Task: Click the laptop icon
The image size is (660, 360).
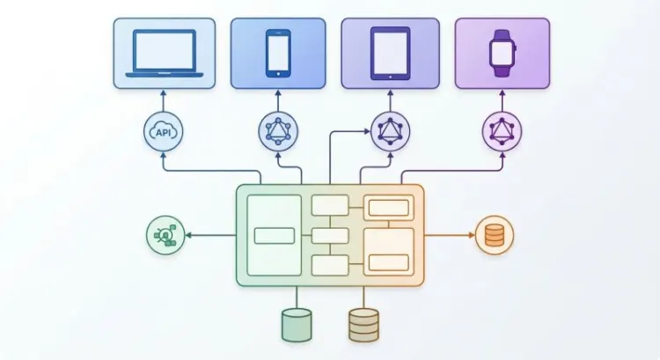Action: [165, 53]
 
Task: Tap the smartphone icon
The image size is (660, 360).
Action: [278, 53]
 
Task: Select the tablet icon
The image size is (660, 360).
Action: [390, 53]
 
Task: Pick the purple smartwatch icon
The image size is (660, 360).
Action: [502, 53]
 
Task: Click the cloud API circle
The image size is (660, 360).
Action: [164, 132]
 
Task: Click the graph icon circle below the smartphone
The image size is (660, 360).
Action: [278, 131]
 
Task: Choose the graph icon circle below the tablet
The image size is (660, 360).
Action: [390, 131]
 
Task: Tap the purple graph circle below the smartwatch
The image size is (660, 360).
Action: [502, 131]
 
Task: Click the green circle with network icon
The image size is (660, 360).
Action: [165, 235]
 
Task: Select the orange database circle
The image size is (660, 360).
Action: [495, 235]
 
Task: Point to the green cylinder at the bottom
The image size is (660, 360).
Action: [297, 325]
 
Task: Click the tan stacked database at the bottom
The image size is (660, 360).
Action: [363, 325]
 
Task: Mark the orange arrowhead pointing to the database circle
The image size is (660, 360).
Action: [472, 235]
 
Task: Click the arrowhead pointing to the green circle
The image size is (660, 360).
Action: [188, 235]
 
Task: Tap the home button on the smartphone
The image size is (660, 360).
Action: [278, 74]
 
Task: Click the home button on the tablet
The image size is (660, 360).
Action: [390, 77]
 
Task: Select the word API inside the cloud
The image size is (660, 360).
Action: [164, 133]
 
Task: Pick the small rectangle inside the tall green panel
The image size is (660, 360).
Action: [275, 236]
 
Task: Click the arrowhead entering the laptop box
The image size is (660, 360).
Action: [164, 92]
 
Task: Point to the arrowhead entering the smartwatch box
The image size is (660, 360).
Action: [502, 92]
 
